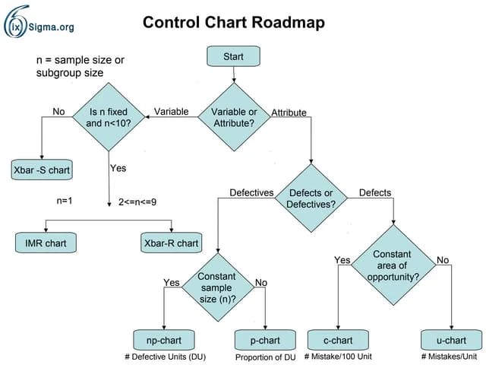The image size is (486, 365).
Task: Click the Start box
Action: [x=233, y=56]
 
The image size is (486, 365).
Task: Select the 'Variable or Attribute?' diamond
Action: [x=234, y=117]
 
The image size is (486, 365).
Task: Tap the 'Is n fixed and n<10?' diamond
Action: [x=109, y=117]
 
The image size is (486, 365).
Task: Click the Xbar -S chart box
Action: [x=42, y=170]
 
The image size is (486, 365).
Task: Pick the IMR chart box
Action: [x=46, y=243]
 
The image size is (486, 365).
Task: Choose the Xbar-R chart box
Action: [x=172, y=243]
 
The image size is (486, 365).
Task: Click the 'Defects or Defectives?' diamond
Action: [x=311, y=198]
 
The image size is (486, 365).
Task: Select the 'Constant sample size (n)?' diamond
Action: [x=218, y=287]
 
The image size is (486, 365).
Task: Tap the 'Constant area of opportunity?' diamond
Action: [x=393, y=265]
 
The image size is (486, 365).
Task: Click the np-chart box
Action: [x=164, y=340]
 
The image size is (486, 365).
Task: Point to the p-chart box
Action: [x=265, y=340]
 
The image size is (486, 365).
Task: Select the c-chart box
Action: [x=338, y=340]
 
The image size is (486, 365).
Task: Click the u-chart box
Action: [x=451, y=340]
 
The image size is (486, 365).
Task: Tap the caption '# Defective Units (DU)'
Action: [x=166, y=357]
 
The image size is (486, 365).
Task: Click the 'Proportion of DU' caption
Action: [x=266, y=357]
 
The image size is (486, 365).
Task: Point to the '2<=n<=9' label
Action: [x=137, y=202]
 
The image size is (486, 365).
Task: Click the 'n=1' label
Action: [x=65, y=201]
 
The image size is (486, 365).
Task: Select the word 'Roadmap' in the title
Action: [x=288, y=23]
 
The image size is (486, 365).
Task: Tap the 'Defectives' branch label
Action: [x=251, y=192]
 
